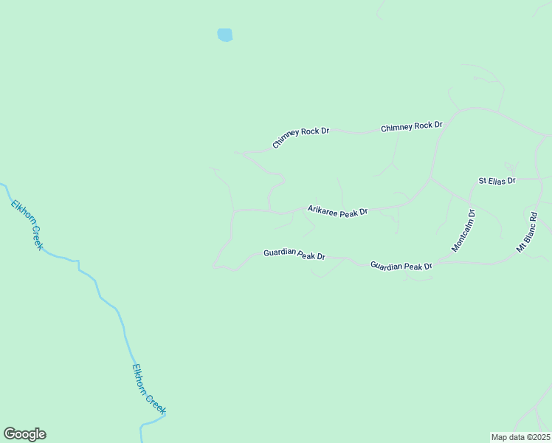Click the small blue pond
[225, 35]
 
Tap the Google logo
[24, 434]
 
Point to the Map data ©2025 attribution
[520, 436]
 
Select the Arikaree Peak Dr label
[337, 212]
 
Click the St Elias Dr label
[497, 180]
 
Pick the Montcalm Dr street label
[463, 231]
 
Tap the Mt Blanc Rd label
[527, 233]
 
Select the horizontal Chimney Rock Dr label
[411, 127]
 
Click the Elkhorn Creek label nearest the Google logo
[149, 388]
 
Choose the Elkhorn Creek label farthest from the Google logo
[27, 224]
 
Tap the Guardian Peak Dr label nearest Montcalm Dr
[401, 265]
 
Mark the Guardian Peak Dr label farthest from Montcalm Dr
[294, 255]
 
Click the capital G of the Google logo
[10, 434]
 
